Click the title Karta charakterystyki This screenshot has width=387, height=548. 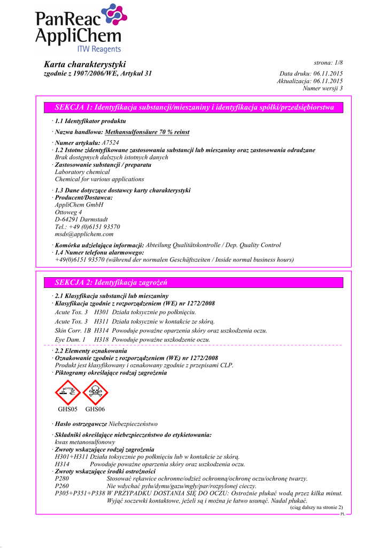[x=85, y=64]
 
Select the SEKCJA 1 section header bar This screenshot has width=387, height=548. [x=194, y=108]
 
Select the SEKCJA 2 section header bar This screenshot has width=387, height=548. [x=194, y=283]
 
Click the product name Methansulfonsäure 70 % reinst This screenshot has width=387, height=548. [x=147, y=132]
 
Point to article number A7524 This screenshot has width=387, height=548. [x=110, y=143]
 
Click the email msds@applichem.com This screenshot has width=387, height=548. [x=84, y=234]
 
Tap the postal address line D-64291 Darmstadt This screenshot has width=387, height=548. [x=81, y=219]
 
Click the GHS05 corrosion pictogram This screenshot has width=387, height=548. [x=68, y=392]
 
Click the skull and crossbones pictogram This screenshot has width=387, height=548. [x=95, y=392]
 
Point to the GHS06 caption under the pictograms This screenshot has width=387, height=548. [x=95, y=409]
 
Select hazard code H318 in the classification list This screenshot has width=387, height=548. [x=102, y=340]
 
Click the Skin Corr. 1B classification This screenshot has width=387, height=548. [x=73, y=331]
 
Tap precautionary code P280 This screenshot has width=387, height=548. [x=62, y=479]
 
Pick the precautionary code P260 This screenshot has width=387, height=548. [x=62, y=486]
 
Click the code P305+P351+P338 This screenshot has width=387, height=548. [x=80, y=493]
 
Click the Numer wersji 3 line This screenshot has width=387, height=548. [x=322, y=88]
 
